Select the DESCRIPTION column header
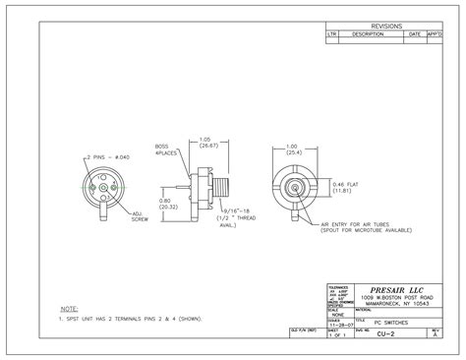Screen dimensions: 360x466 [368, 33]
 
